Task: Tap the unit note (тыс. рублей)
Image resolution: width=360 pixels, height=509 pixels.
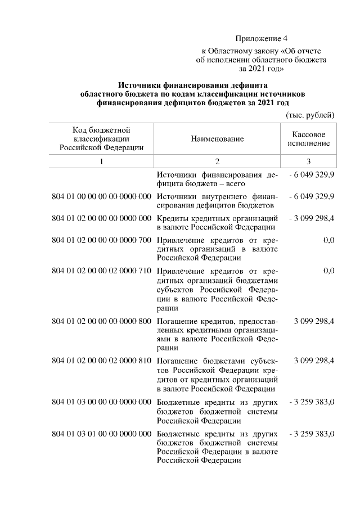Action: [310, 115]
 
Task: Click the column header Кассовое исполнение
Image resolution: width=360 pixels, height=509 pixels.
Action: [308, 139]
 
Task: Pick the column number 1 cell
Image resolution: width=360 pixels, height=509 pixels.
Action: [102, 161]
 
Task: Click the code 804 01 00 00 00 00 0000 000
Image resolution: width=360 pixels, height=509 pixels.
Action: [102, 196]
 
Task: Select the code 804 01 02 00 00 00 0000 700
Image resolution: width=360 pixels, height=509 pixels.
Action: [102, 240]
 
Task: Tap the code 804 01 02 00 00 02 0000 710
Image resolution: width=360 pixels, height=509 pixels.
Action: [102, 271]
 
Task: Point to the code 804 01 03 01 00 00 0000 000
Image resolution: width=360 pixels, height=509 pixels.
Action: [102, 434]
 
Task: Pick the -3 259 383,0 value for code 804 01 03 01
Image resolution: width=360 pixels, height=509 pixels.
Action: [311, 434]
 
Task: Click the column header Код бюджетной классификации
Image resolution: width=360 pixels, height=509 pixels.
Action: [102, 138]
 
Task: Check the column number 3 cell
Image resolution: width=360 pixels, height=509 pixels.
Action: [308, 161]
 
